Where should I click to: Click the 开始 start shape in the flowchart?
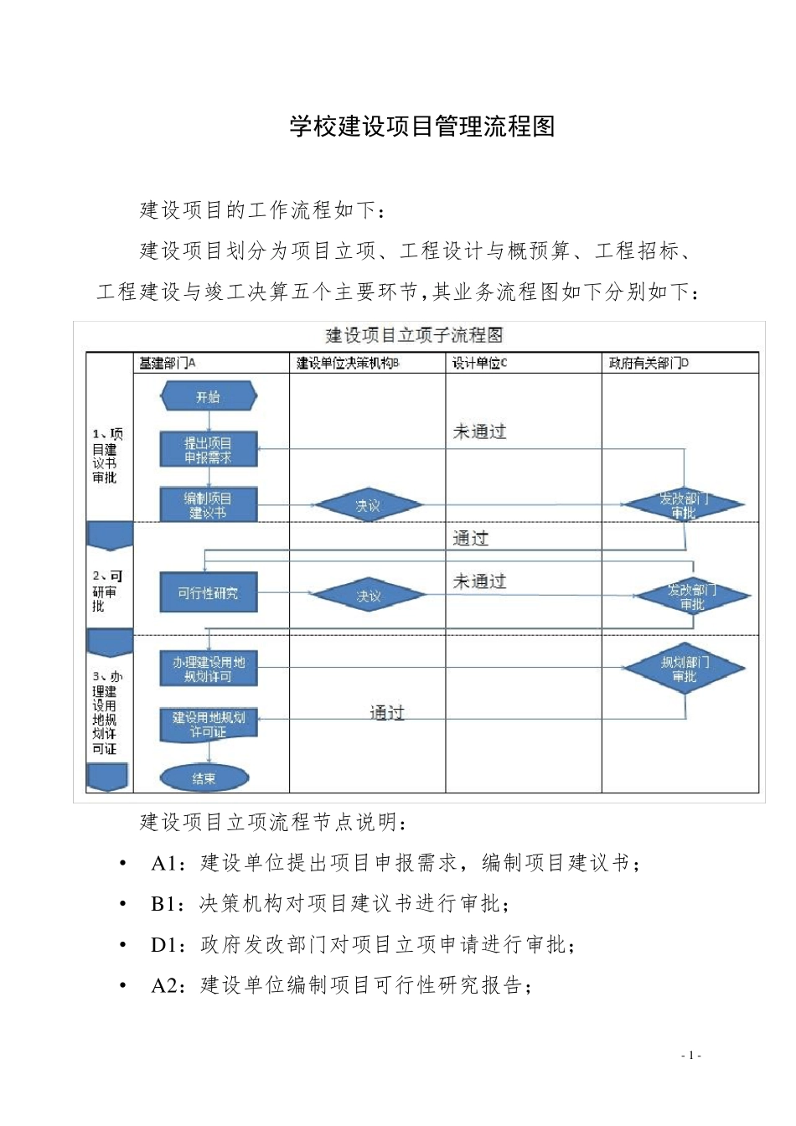[x=209, y=397]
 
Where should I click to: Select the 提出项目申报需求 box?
[x=209, y=450]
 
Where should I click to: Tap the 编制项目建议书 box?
[x=209, y=504]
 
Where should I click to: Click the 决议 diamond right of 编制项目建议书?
[x=368, y=505]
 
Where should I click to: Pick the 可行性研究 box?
[x=209, y=593]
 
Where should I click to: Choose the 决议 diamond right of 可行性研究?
[x=368, y=596]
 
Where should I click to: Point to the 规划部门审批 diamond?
[x=685, y=668]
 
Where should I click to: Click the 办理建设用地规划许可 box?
[x=209, y=669]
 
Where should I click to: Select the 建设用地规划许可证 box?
[x=209, y=725]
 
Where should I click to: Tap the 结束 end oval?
[x=204, y=778]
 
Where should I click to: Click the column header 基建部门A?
[x=167, y=363]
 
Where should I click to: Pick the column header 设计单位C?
[x=479, y=363]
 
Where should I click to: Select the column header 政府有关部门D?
[x=649, y=363]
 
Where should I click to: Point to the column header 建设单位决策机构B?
[x=348, y=363]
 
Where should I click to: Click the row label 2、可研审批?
[x=107, y=591]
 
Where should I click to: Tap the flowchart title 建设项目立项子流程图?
[x=414, y=335]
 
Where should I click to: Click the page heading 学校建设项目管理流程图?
[x=422, y=127]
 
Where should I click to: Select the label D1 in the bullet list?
[x=168, y=945]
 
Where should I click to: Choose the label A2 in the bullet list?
[x=168, y=985]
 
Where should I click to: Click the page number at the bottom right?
[x=690, y=1056]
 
